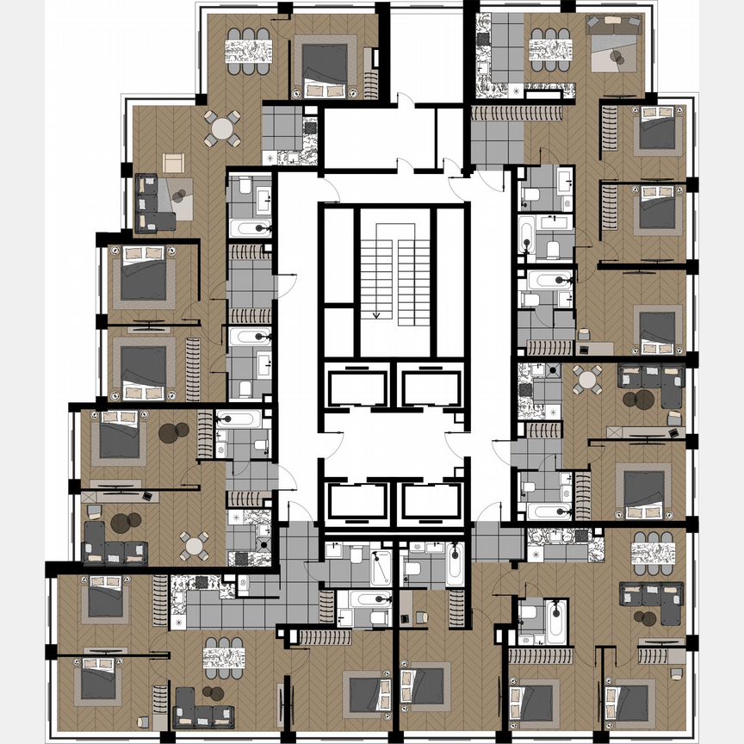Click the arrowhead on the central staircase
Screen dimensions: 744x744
[x=375, y=314]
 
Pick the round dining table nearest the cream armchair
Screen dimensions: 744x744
[x=221, y=129]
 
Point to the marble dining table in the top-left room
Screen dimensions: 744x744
[x=248, y=52]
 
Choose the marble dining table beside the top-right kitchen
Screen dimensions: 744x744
[x=550, y=51]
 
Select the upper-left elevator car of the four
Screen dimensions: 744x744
[x=357, y=385]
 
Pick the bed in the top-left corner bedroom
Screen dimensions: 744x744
[x=324, y=65]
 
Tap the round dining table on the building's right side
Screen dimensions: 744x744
[x=588, y=379]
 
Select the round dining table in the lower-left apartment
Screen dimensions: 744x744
[x=194, y=544]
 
